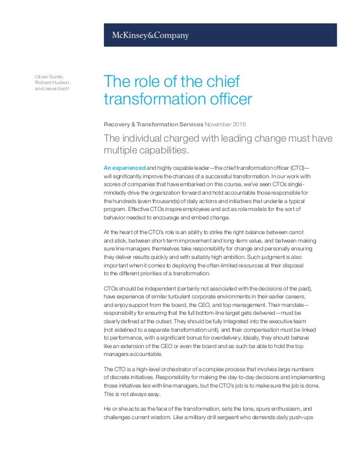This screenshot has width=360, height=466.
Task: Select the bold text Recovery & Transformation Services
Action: [152, 124]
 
